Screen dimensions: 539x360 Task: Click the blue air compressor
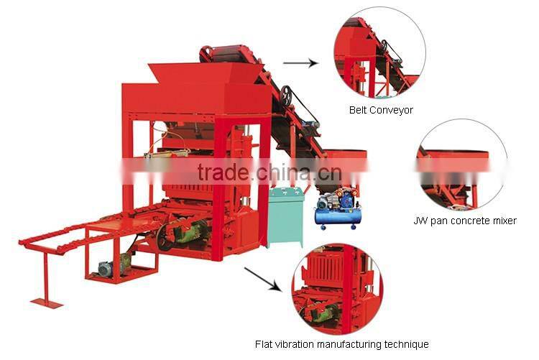pyautogui.click(x=337, y=208)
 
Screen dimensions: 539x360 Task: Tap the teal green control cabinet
pyautogui.click(x=286, y=216)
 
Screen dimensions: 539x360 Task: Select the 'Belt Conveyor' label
pyautogui.click(x=381, y=110)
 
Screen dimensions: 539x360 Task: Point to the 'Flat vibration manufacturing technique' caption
pyautogui.click(x=342, y=344)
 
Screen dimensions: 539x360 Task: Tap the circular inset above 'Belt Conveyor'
pyautogui.click(x=379, y=53)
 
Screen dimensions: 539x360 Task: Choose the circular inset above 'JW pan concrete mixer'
pyautogui.click(x=461, y=165)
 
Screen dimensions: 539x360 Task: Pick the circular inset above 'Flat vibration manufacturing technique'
pyautogui.click(x=337, y=287)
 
